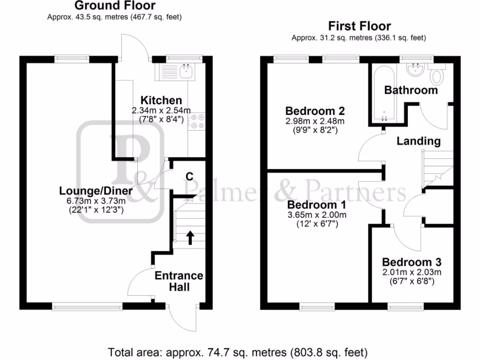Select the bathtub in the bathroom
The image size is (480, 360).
(x=383, y=93)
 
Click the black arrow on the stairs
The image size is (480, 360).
(x=190, y=238)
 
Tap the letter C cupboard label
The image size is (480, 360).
(x=189, y=176)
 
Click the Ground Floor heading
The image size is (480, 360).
(x=115, y=6)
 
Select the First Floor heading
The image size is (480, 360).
(x=359, y=26)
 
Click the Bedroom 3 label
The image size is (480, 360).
(x=411, y=262)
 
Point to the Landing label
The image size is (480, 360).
(x=419, y=141)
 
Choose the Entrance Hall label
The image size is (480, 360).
(x=179, y=280)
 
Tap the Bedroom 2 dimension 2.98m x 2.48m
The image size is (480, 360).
(x=315, y=121)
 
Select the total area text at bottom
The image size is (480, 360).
(x=238, y=352)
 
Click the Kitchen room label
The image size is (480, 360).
(x=161, y=100)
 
